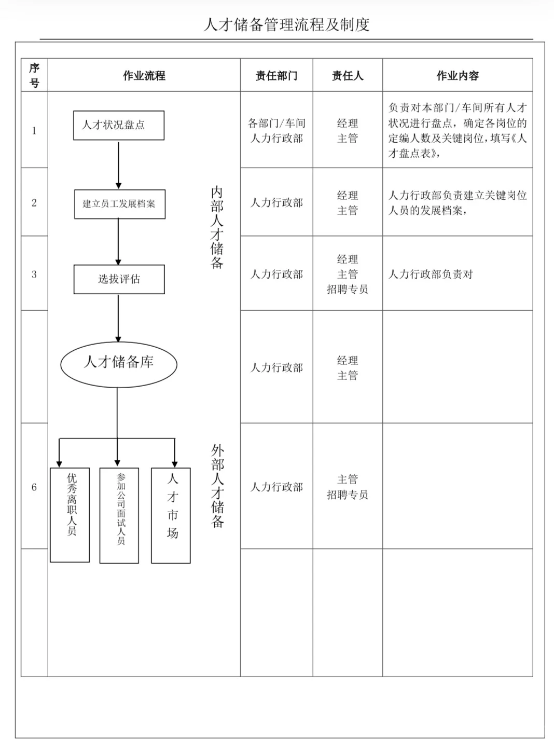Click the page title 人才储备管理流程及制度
point(286,24)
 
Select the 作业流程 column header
point(144,76)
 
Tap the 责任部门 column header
point(276,76)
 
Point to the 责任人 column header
point(348,76)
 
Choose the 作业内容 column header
point(458,76)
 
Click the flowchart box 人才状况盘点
point(119,125)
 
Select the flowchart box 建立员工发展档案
point(120,204)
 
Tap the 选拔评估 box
point(119,279)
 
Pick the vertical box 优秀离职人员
point(70,515)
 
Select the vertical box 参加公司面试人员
point(119,515)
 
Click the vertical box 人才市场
point(171,515)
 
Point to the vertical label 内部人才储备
point(217,227)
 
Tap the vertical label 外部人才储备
point(217,486)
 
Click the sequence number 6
point(34,487)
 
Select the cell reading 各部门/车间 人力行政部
point(276,131)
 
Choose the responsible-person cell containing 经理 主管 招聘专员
point(348,274)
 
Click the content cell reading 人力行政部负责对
point(431,275)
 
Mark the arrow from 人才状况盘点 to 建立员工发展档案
point(119,165)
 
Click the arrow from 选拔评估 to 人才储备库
point(118,318)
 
